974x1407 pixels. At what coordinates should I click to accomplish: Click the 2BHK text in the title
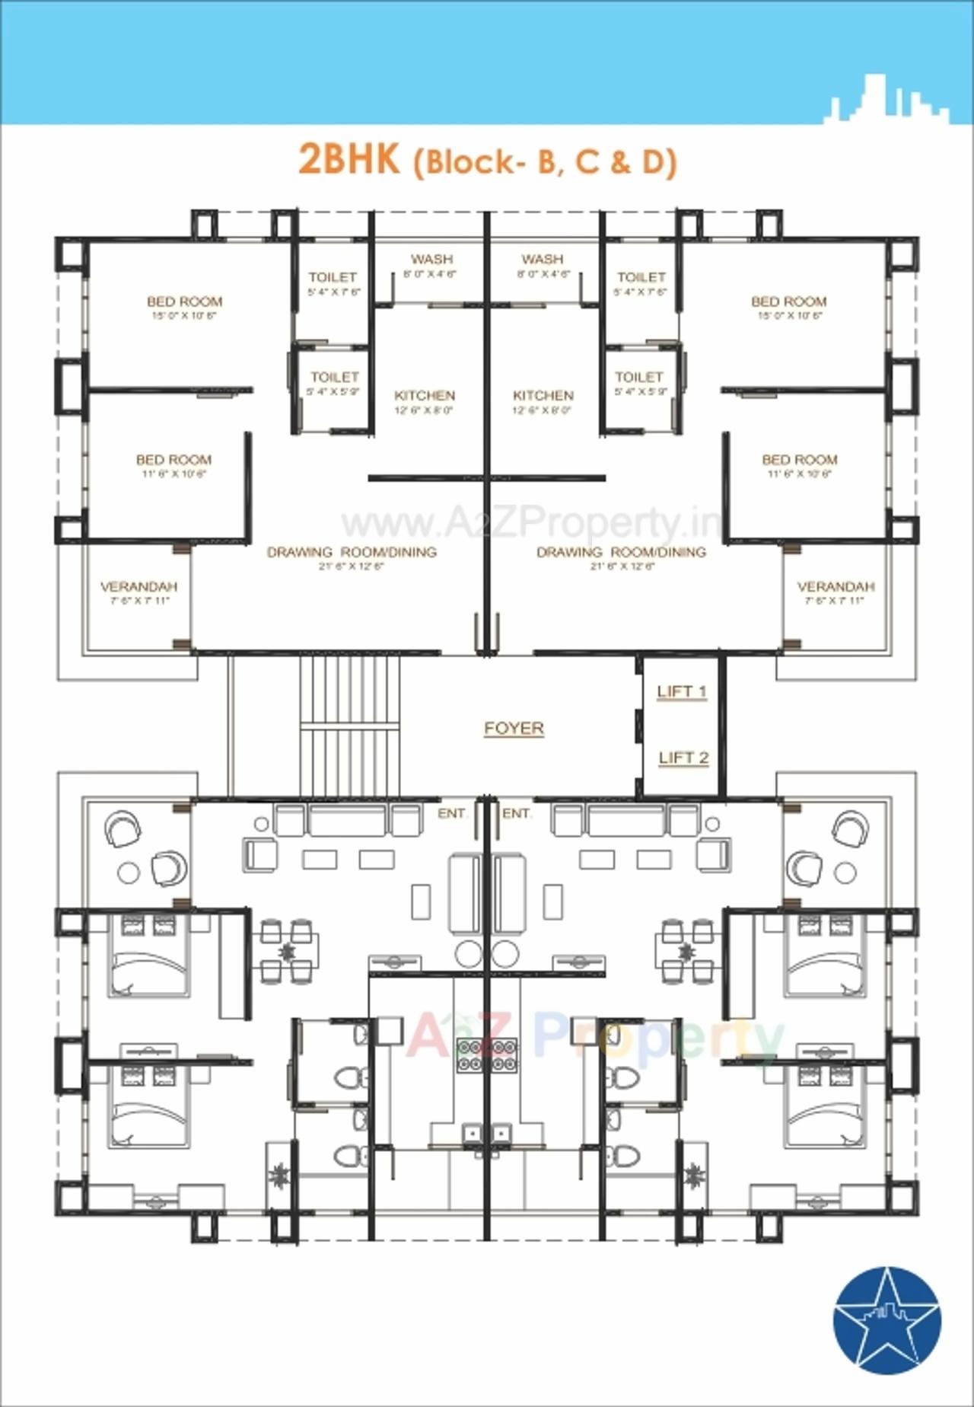(x=349, y=160)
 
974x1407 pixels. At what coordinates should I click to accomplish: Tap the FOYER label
(x=514, y=728)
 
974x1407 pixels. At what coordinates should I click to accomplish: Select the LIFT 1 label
(x=682, y=691)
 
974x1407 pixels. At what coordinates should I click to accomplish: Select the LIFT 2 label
(x=683, y=758)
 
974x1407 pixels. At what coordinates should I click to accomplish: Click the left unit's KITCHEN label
(x=425, y=396)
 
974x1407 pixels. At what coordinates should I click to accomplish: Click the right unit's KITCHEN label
(x=543, y=396)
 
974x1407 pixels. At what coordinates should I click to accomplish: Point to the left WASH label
(x=431, y=260)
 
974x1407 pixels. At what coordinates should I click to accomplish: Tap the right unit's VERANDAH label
(x=836, y=587)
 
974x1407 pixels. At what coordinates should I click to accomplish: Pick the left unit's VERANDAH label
(x=138, y=587)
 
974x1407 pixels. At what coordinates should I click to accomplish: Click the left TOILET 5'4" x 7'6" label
(x=333, y=278)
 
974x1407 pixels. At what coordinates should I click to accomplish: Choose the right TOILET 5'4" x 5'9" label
(x=639, y=378)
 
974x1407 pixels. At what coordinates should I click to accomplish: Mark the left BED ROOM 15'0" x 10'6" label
(x=184, y=302)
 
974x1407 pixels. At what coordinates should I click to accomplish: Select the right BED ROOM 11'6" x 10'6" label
(x=799, y=461)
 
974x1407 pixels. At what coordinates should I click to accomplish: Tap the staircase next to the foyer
(x=349, y=727)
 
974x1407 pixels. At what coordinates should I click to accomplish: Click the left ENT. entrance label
(x=451, y=814)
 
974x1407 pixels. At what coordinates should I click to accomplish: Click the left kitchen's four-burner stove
(x=469, y=1055)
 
